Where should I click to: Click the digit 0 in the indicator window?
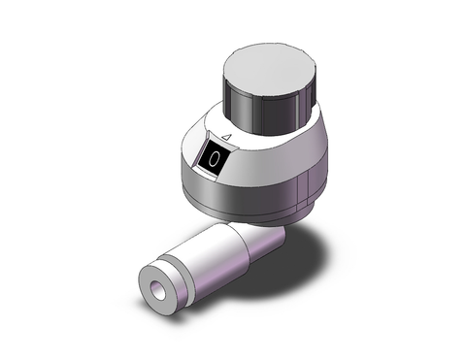coord(215,158)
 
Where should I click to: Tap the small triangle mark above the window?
coord(224,138)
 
